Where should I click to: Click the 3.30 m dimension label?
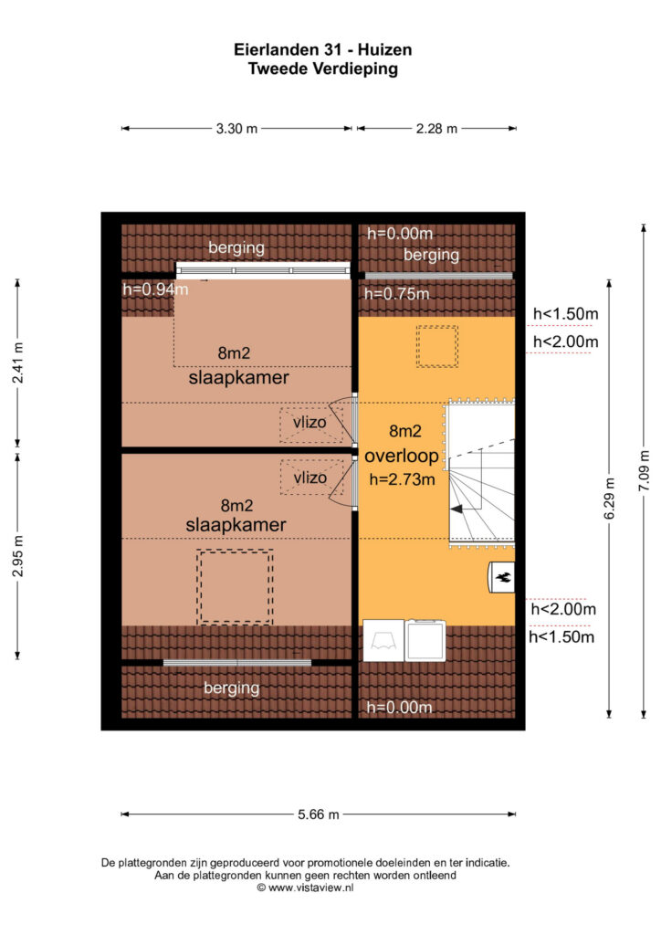[236, 128]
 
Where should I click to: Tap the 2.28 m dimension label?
[437, 128]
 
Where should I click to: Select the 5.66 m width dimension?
[319, 814]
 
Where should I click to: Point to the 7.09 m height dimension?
[644, 471]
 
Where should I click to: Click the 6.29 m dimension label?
[609, 499]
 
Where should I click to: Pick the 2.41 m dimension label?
[18, 363]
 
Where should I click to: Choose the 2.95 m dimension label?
[18, 556]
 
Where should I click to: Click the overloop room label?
[401, 457]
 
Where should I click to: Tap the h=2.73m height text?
[403, 478]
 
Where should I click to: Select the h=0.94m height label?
[155, 289]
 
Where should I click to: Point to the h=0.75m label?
[396, 293]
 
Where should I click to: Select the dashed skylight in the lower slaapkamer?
[235, 587]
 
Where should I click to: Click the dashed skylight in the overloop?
[437, 346]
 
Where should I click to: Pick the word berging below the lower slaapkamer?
[232, 688]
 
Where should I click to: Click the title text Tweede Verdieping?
[323, 68]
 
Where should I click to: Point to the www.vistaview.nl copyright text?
[305, 888]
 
